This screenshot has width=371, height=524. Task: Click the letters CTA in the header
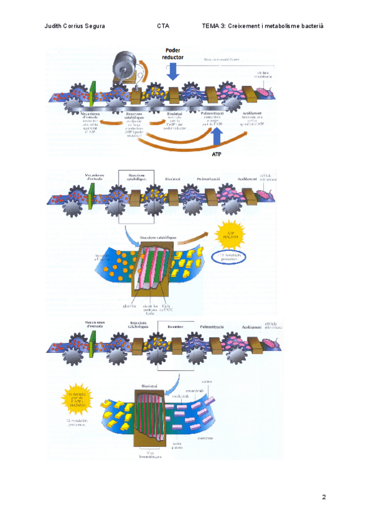click(x=163, y=26)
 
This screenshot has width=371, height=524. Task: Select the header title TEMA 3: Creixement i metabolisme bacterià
click(x=263, y=26)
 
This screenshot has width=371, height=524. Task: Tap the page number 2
click(x=323, y=497)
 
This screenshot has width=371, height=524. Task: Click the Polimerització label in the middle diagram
click(x=203, y=179)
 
